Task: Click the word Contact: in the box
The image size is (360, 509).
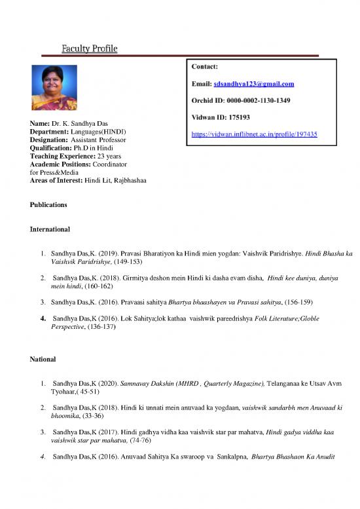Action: (205, 67)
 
